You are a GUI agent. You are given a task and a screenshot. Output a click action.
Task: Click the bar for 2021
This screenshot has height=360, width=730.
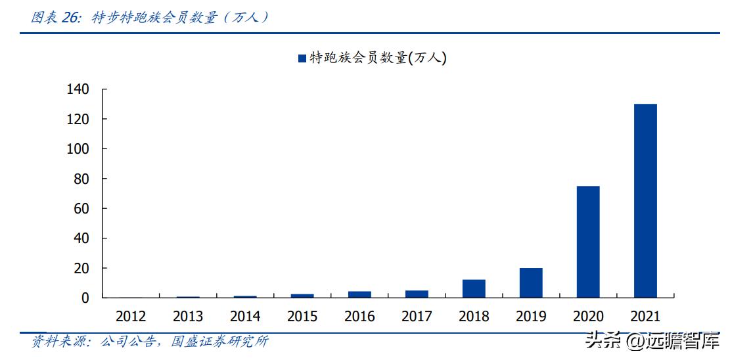[645, 200]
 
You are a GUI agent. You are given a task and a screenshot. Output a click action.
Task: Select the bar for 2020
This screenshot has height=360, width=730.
[587, 242]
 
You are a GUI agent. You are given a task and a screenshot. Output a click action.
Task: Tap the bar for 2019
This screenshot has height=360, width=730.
[530, 282]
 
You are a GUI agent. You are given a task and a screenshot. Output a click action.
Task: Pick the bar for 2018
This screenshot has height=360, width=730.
[473, 288]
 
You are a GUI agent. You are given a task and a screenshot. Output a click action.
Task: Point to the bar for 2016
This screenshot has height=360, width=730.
[359, 294]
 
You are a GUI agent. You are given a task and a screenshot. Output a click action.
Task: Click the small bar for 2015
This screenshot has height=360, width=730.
[302, 296]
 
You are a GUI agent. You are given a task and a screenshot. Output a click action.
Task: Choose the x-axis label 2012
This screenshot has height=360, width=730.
[131, 317]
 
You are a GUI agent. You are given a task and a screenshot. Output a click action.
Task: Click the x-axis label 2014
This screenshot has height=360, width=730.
[245, 317]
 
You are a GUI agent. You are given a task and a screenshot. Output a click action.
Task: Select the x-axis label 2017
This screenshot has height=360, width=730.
[417, 317]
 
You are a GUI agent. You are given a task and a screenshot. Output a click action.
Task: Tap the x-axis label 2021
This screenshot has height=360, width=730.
[645, 317]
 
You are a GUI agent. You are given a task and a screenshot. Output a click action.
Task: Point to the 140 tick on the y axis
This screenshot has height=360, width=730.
[77, 89]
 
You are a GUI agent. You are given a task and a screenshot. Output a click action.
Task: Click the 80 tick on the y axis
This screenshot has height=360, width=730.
[81, 179]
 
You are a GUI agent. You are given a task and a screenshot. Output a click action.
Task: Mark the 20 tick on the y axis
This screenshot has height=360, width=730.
[81, 268]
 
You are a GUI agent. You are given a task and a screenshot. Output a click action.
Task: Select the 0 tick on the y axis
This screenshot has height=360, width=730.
[85, 298]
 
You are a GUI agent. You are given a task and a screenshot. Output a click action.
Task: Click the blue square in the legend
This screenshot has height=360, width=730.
[302, 58]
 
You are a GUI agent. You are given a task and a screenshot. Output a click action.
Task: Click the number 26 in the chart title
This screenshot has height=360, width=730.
[70, 18]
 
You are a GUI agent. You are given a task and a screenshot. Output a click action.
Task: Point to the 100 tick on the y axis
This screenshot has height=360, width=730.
[77, 149]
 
